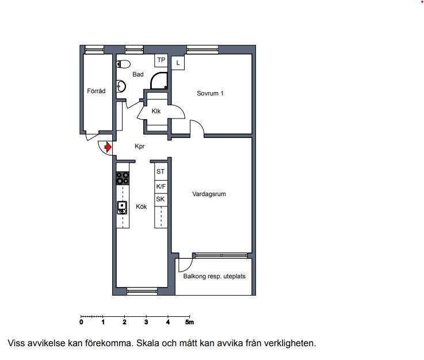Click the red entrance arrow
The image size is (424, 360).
click(108, 147)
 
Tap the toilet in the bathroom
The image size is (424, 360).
click(123, 64)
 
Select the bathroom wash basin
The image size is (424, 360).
click(121, 86)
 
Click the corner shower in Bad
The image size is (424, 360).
click(159, 81)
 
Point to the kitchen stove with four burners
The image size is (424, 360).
click(123, 178)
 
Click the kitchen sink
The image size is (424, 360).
click(122, 208)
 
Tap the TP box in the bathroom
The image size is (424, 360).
click(161, 60)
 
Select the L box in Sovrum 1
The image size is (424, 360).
click(178, 63)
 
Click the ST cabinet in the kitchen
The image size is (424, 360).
click(161, 171)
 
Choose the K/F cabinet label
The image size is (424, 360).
click(161, 186)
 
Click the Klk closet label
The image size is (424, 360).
click(156, 111)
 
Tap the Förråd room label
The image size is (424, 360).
click(96, 91)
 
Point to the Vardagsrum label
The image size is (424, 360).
click(209, 194)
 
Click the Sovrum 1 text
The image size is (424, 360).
click(210, 93)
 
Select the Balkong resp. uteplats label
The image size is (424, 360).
click(215, 276)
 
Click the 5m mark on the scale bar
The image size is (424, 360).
click(189, 322)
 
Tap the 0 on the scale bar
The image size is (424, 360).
click(81, 322)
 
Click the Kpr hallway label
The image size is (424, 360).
click(140, 146)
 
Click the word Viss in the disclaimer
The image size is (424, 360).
click(17, 343)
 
